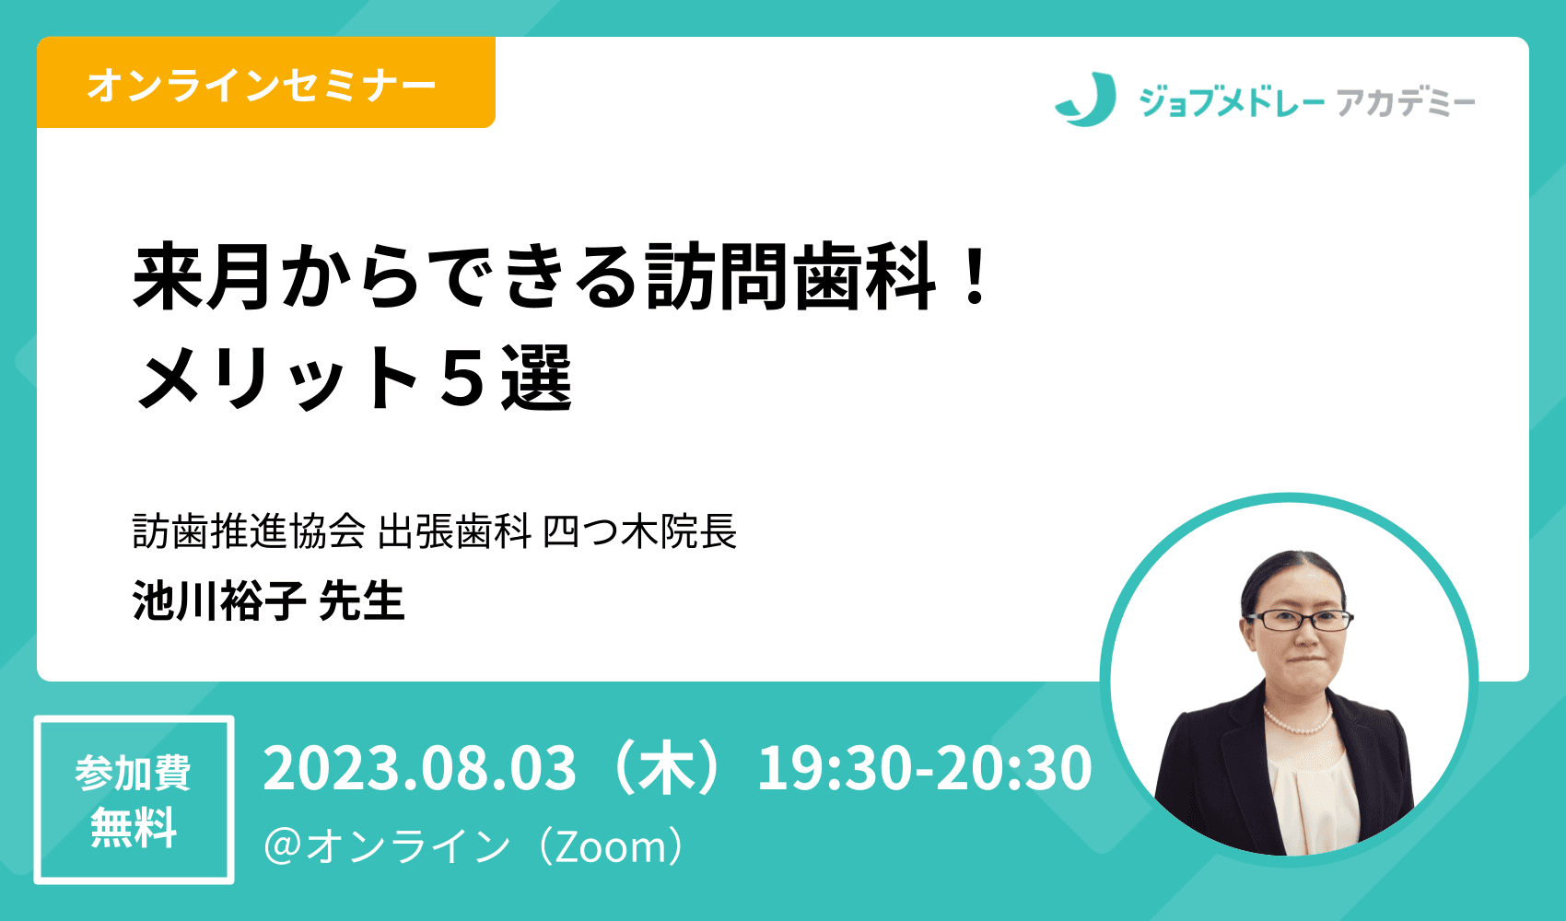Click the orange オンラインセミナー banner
click(x=265, y=83)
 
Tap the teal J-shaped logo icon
click(x=1086, y=99)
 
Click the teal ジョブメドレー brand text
click(x=1232, y=102)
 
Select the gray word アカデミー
click(x=1405, y=103)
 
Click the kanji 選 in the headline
click(x=537, y=378)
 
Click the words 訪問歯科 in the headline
click(x=790, y=276)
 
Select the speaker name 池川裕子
click(x=219, y=601)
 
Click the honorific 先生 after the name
click(x=361, y=601)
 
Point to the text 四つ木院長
click(x=639, y=531)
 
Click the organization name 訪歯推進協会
click(x=249, y=531)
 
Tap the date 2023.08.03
click(x=419, y=768)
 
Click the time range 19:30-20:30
click(x=924, y=768)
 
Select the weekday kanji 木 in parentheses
click(x=667, y=769)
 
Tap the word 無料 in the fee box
click(x=134, y=828)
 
